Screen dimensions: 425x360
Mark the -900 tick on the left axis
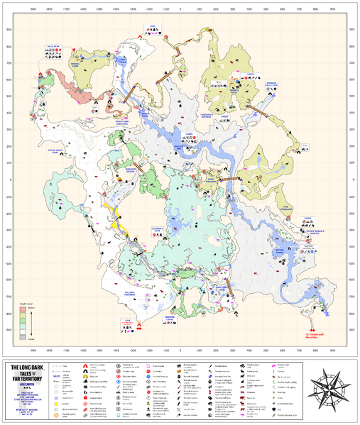9,329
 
